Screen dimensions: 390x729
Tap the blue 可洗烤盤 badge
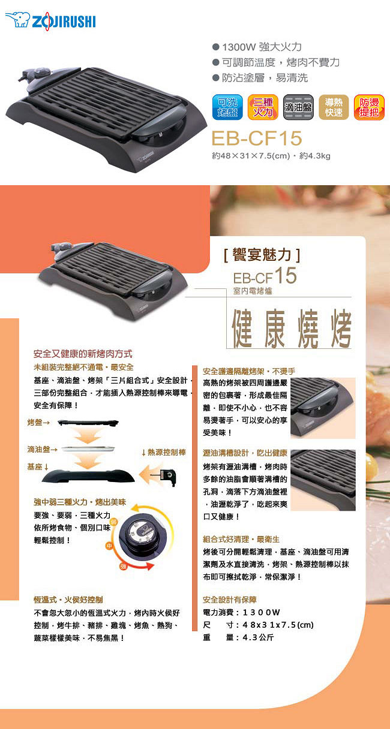(x=227, y=107)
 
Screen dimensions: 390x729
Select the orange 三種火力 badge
(x=263, y=107)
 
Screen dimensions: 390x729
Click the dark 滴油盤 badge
(x=298, y=107)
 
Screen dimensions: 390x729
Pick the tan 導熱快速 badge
(x=334, y=107)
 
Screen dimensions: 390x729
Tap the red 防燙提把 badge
(x=369, y=107)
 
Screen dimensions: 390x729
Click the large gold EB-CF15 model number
(x=257, y=138)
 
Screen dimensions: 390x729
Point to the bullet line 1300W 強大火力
(x=257, y=47)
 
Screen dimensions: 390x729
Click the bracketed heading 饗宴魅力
(x=262, y=255)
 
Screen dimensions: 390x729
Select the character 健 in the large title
(x=242, y=329)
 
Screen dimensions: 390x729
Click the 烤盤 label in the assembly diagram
(x=38, y=423)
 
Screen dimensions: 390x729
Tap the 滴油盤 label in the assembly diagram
(x=43, y=450)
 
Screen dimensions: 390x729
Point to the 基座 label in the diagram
(x=38, y=466)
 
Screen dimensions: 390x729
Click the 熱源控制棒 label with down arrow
(x=164, y=452)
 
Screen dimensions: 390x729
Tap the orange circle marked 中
(x=109, y=546)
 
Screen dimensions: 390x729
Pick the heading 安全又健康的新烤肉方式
(x=83, y=354)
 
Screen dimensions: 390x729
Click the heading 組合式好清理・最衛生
(x=241, y=540)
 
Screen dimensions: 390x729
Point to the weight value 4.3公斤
(x=258, y=637)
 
